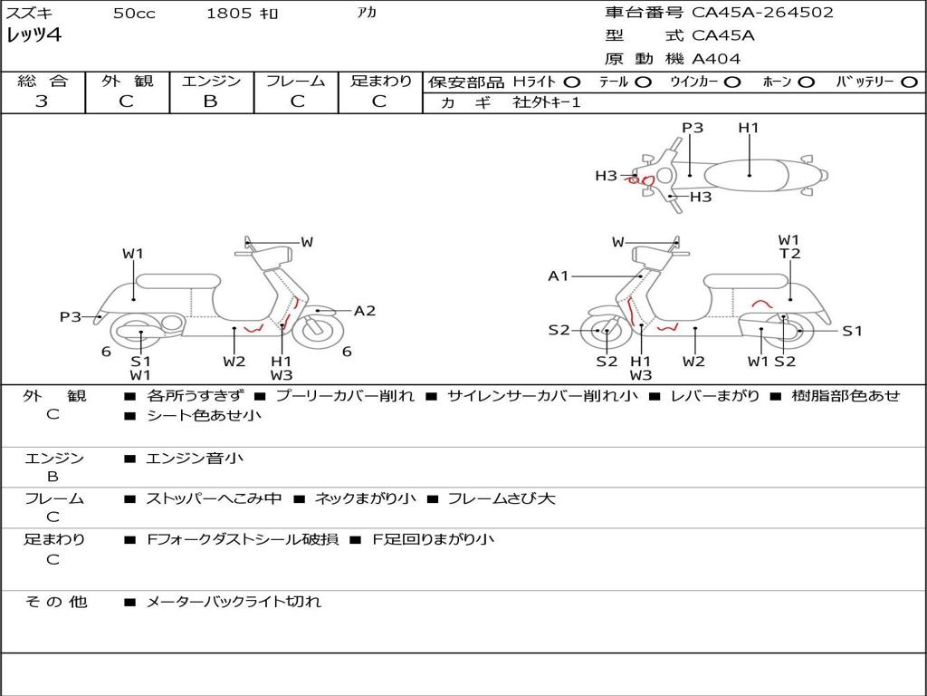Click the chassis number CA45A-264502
[762, 13]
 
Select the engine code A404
[716, 59]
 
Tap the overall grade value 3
[42, 101]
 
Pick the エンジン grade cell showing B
[210, 101]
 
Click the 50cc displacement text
[133, 14]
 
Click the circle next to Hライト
[572, 82]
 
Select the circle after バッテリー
[908, 82]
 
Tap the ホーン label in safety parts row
[776, 82]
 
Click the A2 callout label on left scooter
[364, 311]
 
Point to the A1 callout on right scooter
[559, 275]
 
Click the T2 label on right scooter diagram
[790, 254]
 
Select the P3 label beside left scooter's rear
[71, 316]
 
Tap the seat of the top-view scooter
[750, 173]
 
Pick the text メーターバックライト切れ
[234, 601]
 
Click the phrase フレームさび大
[502, 498]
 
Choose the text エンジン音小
[195, 459]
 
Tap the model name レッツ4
[34, 36]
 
